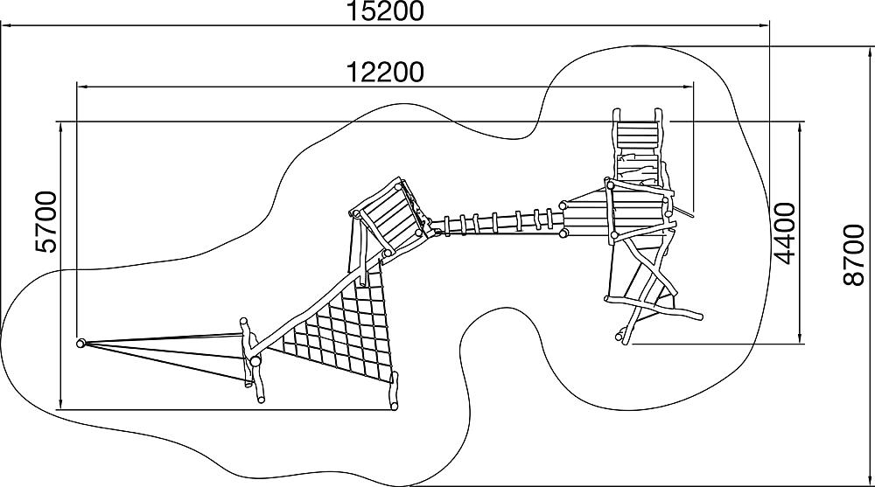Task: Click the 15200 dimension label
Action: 386,11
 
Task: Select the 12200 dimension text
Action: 386,72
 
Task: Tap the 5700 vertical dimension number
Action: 45,222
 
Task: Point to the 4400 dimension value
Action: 785,233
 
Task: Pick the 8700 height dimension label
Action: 854,255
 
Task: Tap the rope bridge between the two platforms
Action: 497,223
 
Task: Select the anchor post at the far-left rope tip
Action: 81,343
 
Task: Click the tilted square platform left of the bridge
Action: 390,218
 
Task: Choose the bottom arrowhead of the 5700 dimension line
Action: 60,402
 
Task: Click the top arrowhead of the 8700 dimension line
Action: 871,53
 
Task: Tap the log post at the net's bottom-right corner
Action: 394,391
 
